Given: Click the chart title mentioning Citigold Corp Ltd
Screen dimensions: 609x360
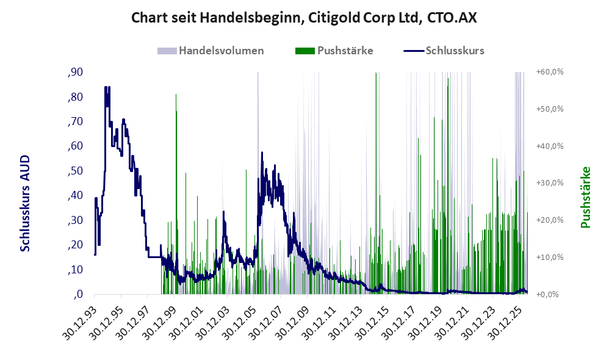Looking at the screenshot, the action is (x=304, y=18).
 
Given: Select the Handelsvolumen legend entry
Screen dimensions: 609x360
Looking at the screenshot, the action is (x=211, y=51).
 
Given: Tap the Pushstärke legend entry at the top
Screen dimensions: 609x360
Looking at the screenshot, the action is (x=334, y=51).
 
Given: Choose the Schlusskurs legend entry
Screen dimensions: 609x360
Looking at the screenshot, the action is (x=444, y=51).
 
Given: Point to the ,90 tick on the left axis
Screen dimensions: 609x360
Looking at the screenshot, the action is (x=75, y=72).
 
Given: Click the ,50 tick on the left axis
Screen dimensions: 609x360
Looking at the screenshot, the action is (x=75, y=171).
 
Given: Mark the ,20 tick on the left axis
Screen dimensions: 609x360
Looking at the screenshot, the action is (x=75, y=245).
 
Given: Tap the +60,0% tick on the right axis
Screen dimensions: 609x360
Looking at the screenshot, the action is (x=550, y=72).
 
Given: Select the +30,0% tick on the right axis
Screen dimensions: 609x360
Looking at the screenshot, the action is (x=550, y=183).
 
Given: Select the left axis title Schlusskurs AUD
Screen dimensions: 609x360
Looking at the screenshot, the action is (x=25, y=203).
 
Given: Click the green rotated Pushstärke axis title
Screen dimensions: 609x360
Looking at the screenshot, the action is (x=585, y=197).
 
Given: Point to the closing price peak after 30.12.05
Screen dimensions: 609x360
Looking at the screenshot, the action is (x=262, y=153).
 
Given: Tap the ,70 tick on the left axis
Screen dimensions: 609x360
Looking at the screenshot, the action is (x=75, y=121).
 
